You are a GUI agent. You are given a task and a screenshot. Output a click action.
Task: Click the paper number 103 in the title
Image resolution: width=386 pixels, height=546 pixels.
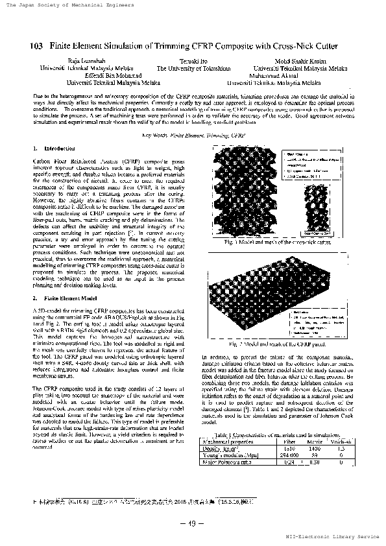pyautogui.click(x=36, y=46)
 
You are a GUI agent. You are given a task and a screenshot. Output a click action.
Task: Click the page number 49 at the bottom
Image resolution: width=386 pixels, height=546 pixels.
pyautogui.click(x=193, y=524)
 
